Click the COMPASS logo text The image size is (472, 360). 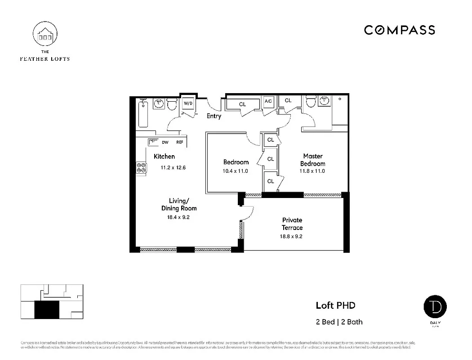399,30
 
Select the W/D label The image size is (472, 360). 188,103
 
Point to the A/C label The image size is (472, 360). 268,102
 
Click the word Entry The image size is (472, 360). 214,116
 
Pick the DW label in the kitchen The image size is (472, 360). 165,143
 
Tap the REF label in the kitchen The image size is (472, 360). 179,143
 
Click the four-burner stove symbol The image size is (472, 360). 141,168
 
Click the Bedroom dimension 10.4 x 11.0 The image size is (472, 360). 236,171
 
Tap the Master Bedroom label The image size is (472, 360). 312,160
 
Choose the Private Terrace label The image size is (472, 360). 292,224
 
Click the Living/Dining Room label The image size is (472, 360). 179,204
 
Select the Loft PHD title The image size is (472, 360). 335,306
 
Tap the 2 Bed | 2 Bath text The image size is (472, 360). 339,322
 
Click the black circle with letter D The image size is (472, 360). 435,307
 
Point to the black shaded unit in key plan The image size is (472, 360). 47,310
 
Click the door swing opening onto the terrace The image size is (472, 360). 248,211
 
